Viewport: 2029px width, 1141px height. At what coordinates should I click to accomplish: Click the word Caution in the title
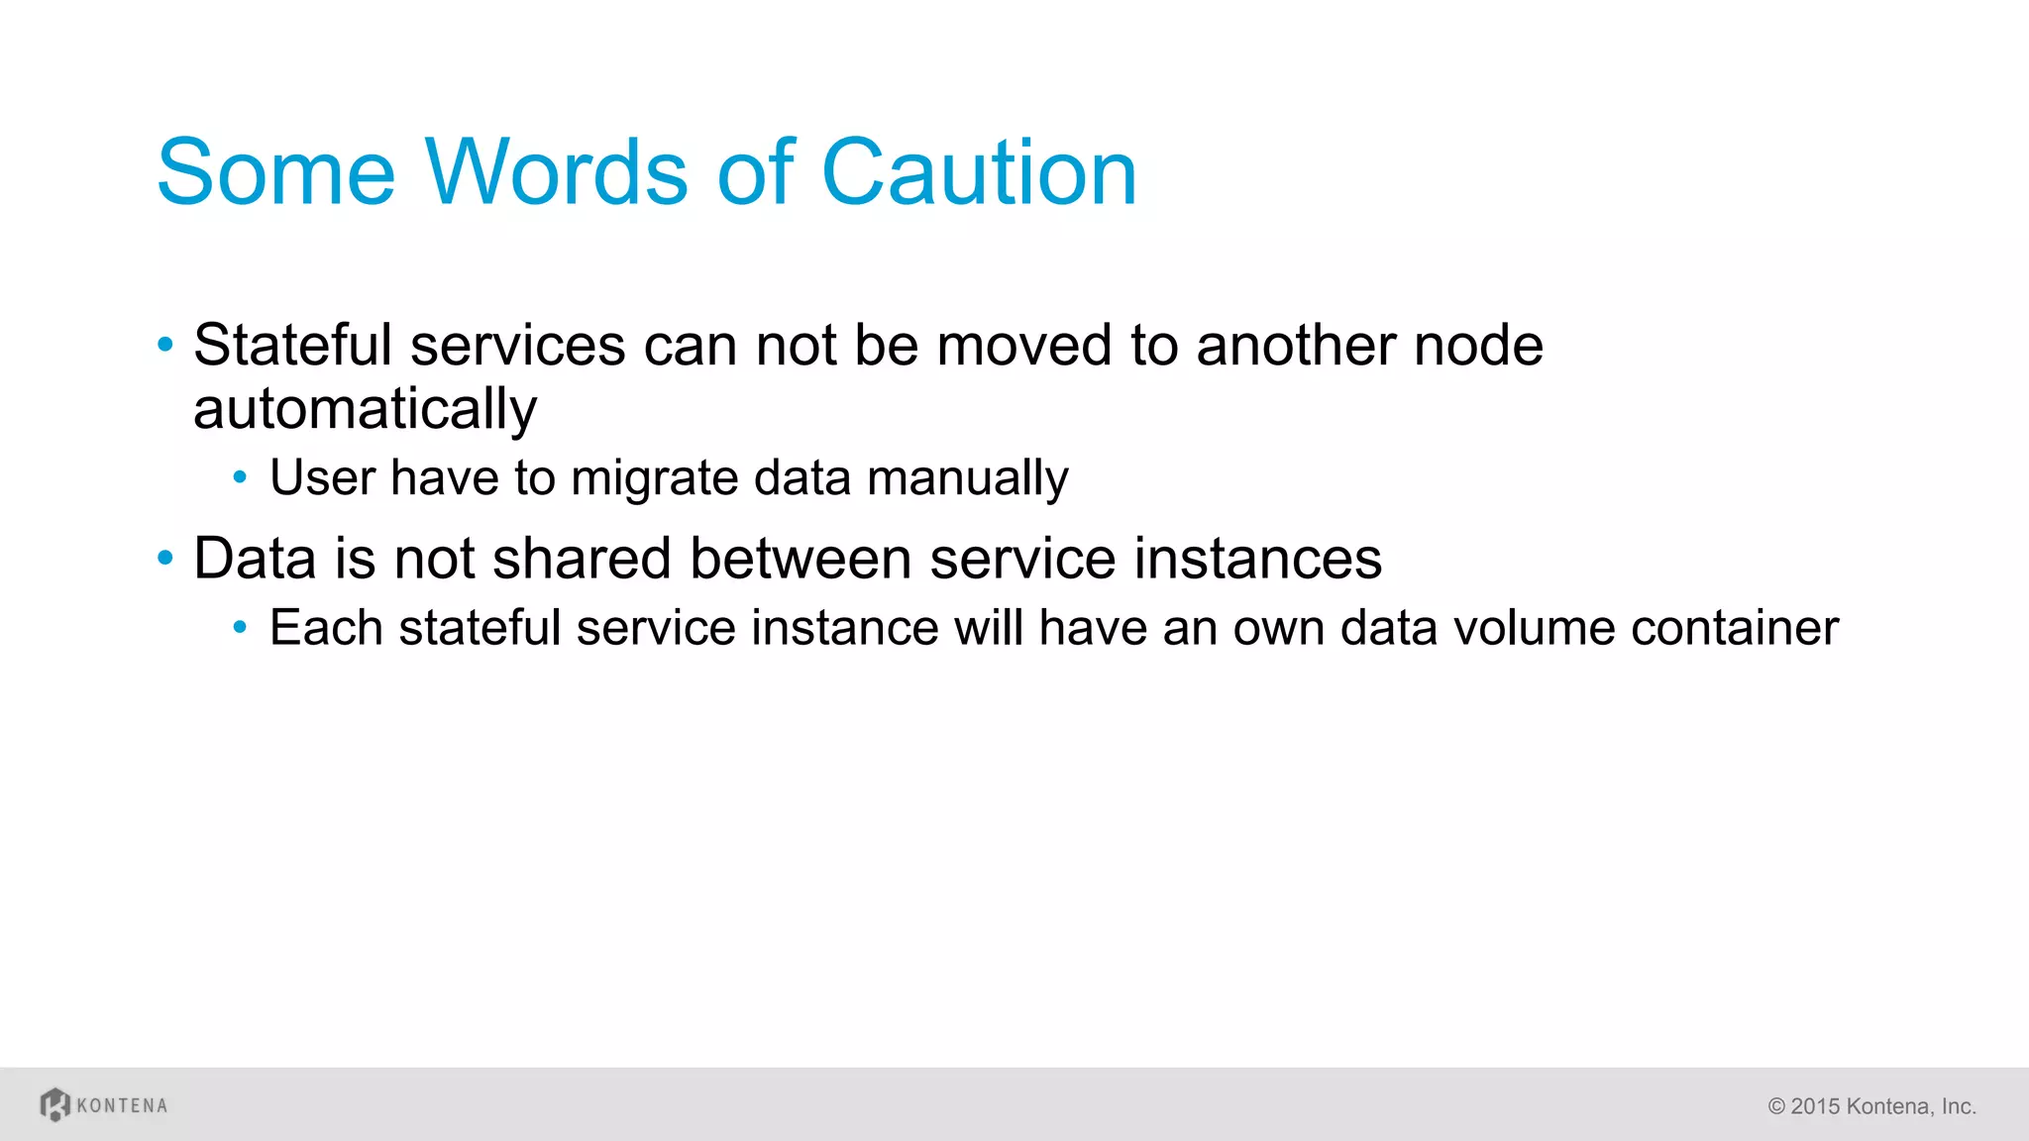[x=979, y=172]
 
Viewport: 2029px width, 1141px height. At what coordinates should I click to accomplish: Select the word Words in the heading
[x=556, y=172]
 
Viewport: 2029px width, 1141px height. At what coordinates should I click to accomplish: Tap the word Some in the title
[x=276, y=172]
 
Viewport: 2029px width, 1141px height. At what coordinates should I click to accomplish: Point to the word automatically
[x=365, y=409]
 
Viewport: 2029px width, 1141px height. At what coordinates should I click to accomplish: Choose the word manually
[x=968, y=478]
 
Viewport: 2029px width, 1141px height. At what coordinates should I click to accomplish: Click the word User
[x=322, y=478]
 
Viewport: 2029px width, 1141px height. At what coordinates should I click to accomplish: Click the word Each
[x=326, y=628]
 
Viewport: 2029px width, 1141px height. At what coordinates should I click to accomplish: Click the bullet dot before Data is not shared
[x=165, y=559]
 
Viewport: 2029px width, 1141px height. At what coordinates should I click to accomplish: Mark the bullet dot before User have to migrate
[x=240, y=478]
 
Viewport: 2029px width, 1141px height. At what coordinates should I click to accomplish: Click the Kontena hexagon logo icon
[x=55, y=1104]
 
